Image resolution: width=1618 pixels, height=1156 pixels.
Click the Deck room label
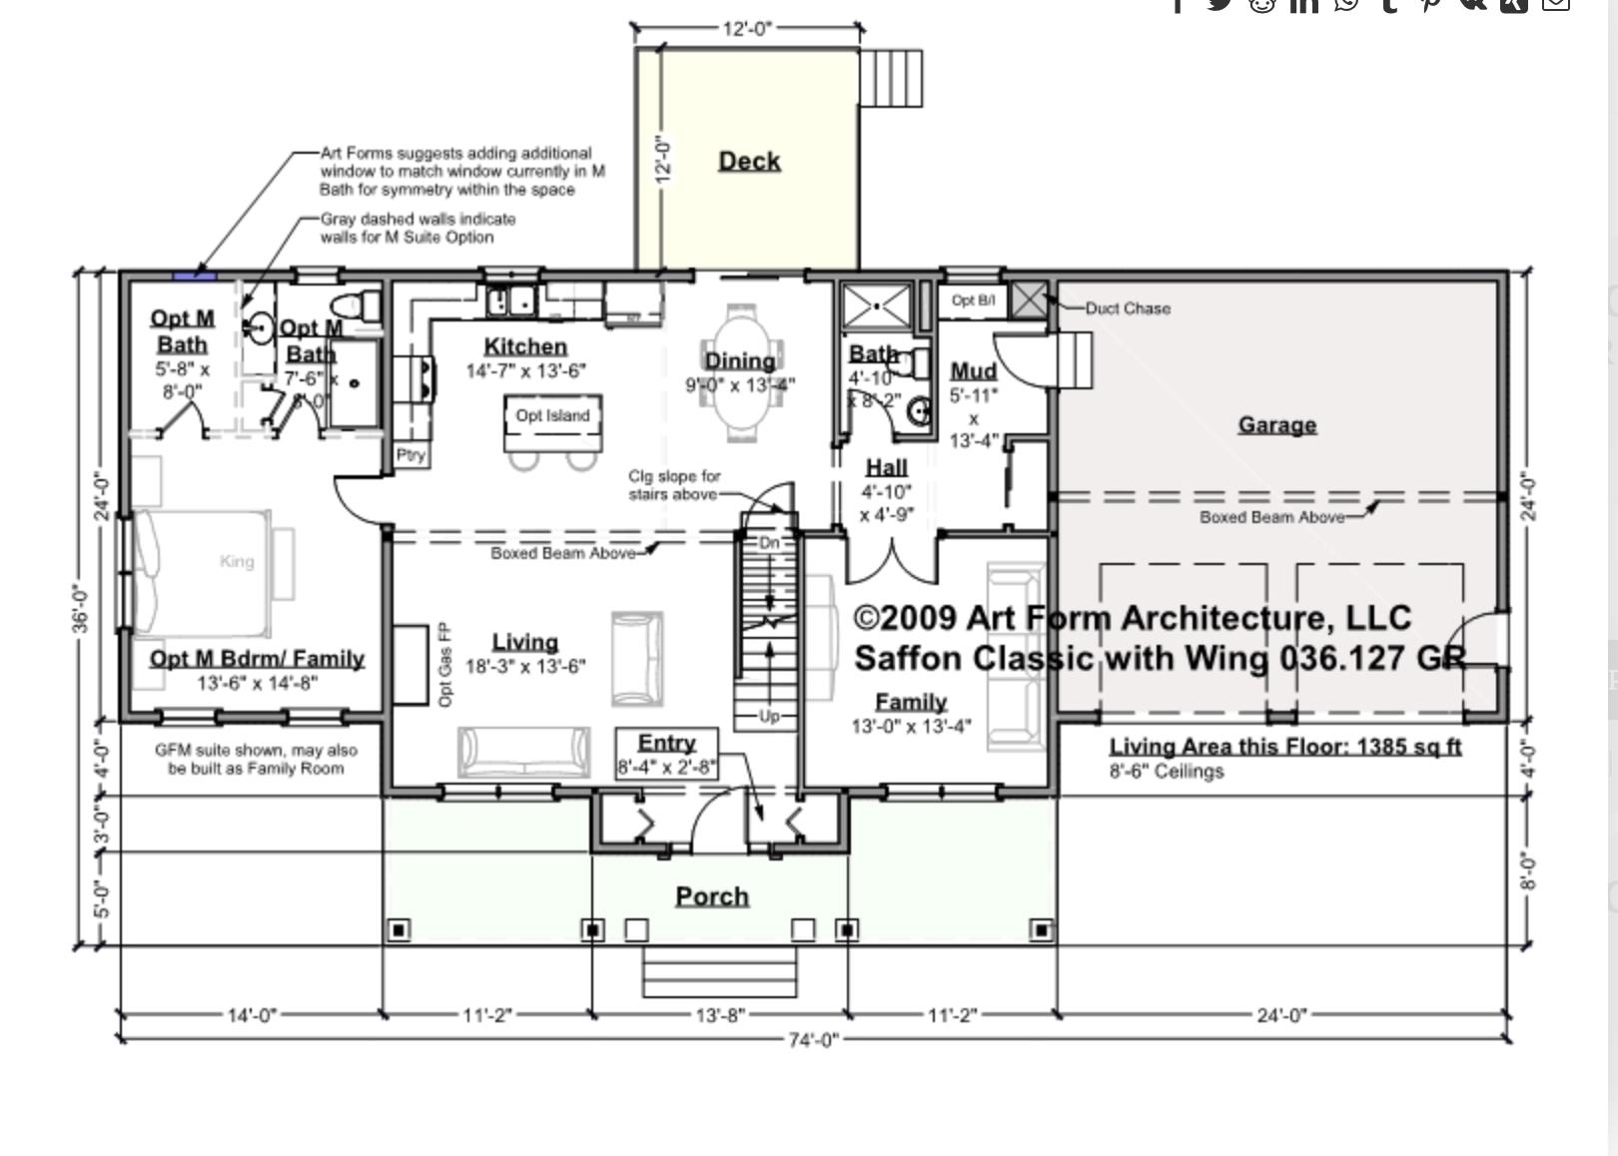pyautogui.click(x=749, y=161)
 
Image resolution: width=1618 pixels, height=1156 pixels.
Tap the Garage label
pyautogui.click(x=1276, y=425)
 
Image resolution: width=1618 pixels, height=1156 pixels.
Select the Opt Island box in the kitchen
pyautogui.click(x=552, y=416)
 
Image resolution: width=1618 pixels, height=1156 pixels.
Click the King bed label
pyautogui.click(x=237, y=562)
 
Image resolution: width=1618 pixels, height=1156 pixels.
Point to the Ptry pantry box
pyautogui.click(x=410, y=455)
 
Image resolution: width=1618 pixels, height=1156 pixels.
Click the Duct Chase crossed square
pyautogui.click(x=1029, y=298)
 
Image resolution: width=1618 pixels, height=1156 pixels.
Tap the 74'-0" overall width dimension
pyautogui.click(x=813, y=1040)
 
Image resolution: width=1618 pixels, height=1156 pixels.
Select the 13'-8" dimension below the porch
pyautogui.click(x=719, y=1015)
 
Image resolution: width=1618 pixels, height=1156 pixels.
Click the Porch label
pyautogui.click(x=712, y=896)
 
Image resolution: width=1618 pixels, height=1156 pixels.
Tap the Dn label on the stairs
pyautogui.click(x=769, y=543)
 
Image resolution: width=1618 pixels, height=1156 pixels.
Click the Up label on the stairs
pyautogui.click(x=769, y=716)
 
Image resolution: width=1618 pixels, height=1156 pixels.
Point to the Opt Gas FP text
pyautogui.click(x=445, y=665)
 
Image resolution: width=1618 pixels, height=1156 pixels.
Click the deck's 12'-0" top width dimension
pyautogui.click(x=747, y=29)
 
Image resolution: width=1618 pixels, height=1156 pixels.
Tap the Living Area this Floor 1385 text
pyautogui.click(x=1284, y=747)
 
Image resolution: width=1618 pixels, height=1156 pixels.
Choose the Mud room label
pyautogui.click(x=973, y=371)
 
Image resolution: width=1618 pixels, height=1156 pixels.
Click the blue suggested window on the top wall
pyautogui.click(x=195, y=275)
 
